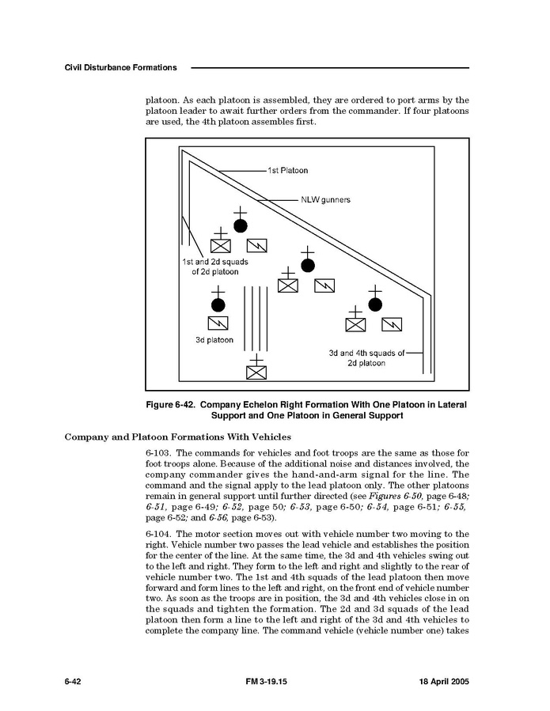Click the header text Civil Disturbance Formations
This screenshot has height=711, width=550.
(120, 67)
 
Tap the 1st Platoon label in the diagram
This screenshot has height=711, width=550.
(287, 170)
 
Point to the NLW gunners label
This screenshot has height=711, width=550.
(325, 200)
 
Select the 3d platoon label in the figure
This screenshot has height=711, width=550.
(214, 340)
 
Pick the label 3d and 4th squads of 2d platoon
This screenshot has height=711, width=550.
(366, 358)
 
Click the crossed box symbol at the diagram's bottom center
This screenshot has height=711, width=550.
(256, 372)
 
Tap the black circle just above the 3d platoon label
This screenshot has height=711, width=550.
(218, 304)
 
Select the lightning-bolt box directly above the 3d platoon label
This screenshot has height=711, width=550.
(218, 323)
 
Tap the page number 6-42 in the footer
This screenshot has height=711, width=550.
(75, 682)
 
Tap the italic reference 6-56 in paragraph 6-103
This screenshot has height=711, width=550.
(218, 517)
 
